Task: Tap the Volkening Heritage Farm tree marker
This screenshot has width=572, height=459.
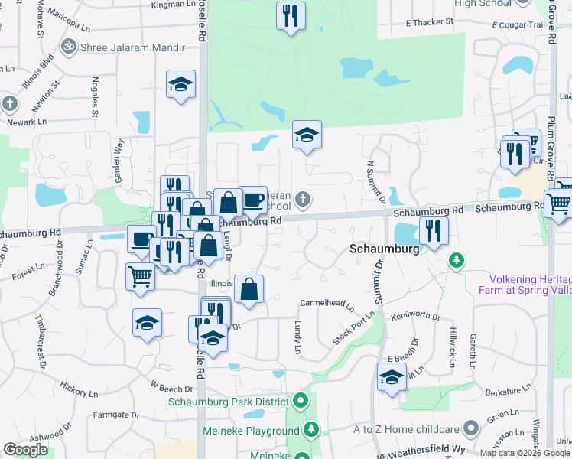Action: coord(457,261)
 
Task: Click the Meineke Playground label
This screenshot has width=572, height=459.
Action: coord(251,431)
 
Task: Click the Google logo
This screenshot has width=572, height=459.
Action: coord(26,450)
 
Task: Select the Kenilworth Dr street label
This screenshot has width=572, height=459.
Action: coord(416,316)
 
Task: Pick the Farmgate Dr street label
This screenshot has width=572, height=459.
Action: coord(117,415)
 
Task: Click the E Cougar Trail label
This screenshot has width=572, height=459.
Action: coord(521,25)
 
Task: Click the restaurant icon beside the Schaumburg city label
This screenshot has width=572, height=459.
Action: coord(434,230)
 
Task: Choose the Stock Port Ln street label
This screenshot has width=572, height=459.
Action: coord(354,327)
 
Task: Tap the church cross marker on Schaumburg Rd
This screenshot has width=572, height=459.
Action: coord(304,200)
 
